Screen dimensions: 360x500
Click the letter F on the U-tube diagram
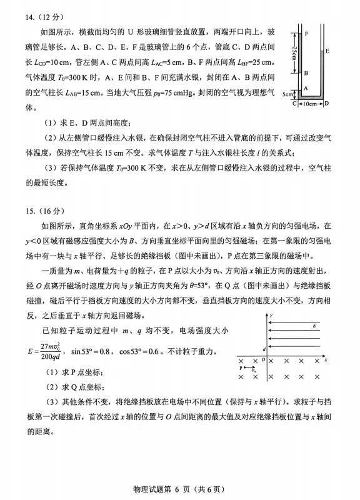[x=306, y=31]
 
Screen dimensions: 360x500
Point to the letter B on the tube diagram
[x=306, y=73]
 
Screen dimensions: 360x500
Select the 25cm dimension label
[x=294, y=52]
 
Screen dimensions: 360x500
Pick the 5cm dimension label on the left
[x=287, y=94]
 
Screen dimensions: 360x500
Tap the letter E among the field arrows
[x=314, y=326]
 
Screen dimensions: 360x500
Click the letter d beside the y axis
[x=264, y=349]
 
